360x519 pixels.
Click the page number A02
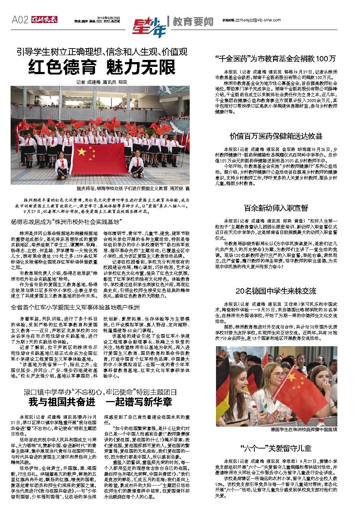(x=20, y=20)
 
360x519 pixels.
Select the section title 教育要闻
(x=193, y=22)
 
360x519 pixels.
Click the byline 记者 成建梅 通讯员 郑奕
(x=102, y=82)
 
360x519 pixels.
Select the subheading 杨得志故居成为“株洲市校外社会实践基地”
(x=66, y=222)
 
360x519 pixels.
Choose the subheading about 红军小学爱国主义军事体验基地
(x=75, y=307)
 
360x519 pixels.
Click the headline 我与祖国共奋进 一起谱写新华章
(x=100, y=402)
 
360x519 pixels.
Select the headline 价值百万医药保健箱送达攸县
(x=276, y=136)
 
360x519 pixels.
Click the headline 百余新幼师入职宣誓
(x=276, y=208)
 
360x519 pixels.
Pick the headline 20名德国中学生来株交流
(x=276, y=291)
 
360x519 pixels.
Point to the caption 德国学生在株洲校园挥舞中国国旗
(x=304, y=430)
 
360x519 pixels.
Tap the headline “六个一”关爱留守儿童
(x=276, y=448)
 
